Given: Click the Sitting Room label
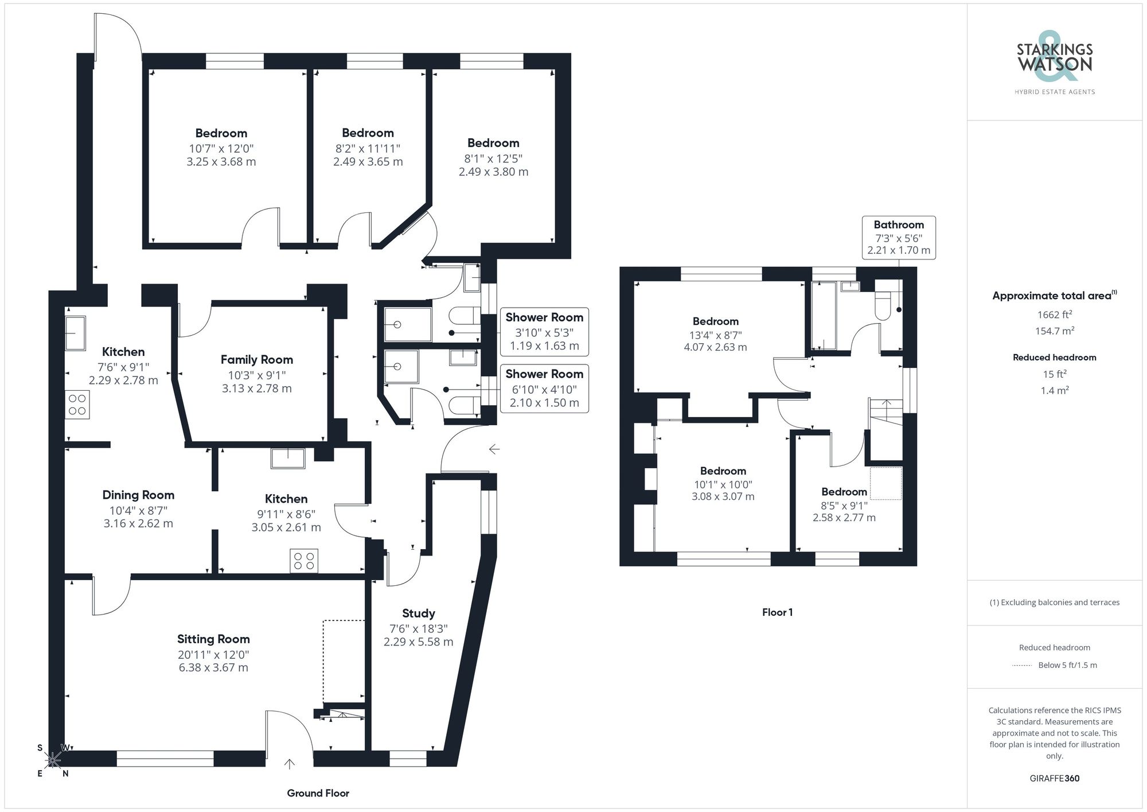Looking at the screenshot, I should point(213,639).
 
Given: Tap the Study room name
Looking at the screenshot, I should point(418,613).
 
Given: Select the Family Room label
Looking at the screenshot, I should point(256,359).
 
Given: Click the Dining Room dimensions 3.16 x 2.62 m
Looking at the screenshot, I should point(138,523).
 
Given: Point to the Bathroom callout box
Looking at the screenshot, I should point(898,238).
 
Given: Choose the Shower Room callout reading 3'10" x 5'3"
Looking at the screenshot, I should point(544,332).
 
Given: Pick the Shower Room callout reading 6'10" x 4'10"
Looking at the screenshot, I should point(544,388).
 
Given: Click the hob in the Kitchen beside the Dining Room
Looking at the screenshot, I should point(304,561).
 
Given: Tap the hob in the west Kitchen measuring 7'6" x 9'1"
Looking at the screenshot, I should point(77,405).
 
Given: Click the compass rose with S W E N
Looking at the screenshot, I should point(53,760).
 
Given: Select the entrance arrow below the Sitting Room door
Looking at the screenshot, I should point(290,764).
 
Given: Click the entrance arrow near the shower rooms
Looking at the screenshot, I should point(494,449).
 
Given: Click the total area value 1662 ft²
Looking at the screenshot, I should point(1054,314).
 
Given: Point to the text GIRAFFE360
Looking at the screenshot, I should point(1054,778).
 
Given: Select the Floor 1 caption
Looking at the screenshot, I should point(777,612).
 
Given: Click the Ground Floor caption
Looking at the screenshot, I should point(318,793).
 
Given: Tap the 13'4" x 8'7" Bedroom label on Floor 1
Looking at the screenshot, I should point(715,321).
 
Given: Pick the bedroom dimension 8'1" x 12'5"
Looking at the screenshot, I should point(493,158).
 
